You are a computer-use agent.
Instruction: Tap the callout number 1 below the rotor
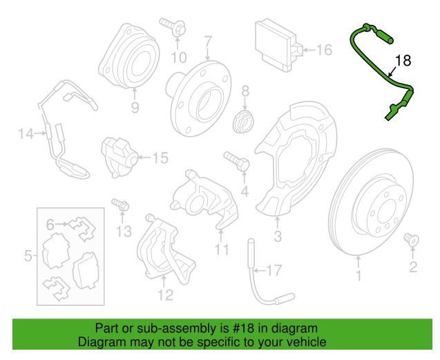pos(358,277)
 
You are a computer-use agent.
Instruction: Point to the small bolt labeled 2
pos(410,239)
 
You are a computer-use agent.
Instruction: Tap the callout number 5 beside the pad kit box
pos(28,256)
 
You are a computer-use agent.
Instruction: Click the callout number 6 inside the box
pos(50,225)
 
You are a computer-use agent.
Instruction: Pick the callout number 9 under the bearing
pos(135,107)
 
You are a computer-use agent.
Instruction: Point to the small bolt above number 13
pos(120,205)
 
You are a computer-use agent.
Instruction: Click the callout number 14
pos(26,134)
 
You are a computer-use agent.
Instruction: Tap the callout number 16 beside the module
pos(324,49)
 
